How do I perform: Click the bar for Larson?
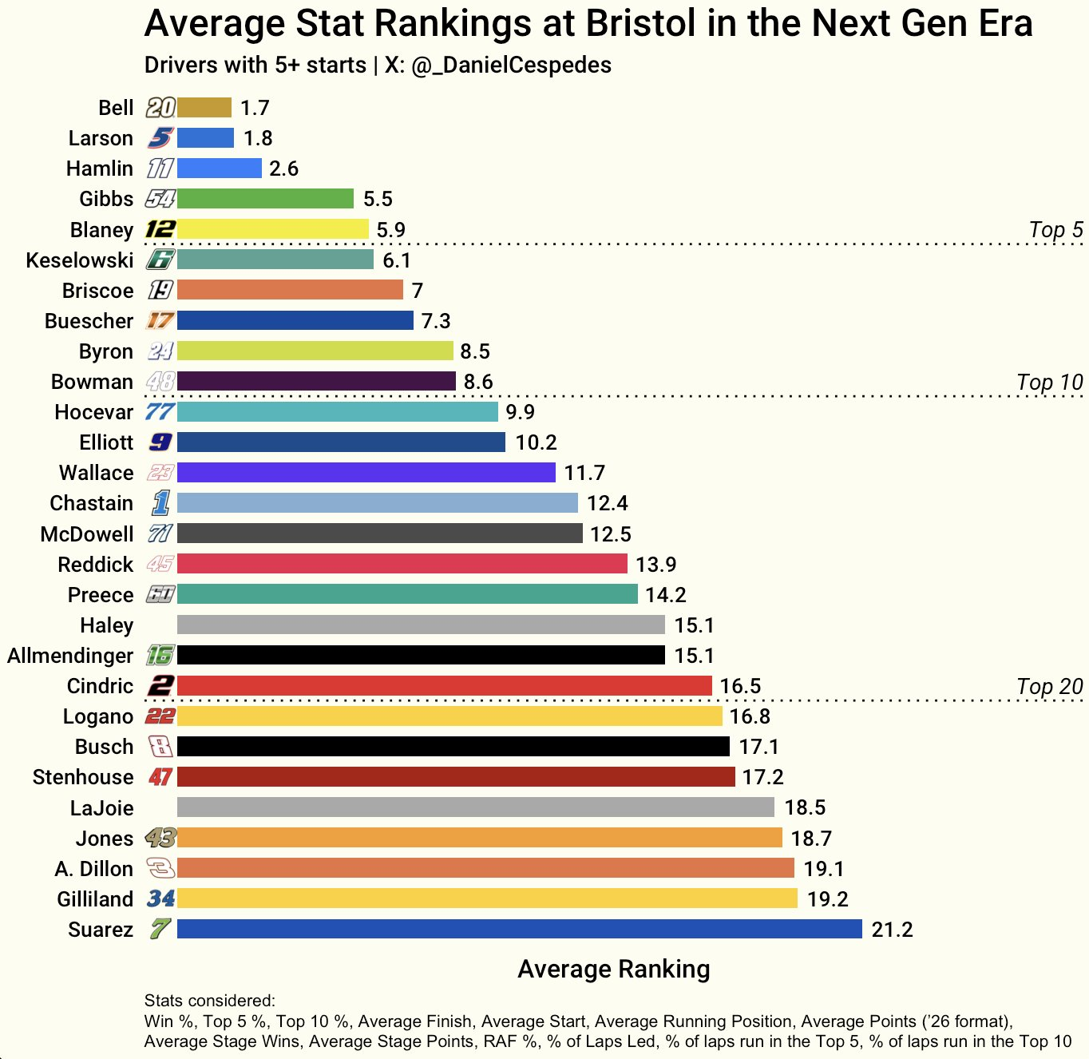(x=205, y=138)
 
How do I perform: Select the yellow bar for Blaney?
(x=272, y=229)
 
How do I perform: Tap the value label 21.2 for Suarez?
(x=892, y=930)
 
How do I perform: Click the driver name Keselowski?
(x=80, y=260)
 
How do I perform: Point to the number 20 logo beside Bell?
(x=160, y=108)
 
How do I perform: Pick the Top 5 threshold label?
(x=1055, y=230)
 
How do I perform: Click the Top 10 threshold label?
(x=1049, y=383)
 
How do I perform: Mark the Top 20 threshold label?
(x=1049, y=687)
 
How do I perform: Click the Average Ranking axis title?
(x=613, y=969)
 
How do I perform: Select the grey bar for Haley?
(x=421, y=625)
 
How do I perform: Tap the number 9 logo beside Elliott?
(x=160, y=442)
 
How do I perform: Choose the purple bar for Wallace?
(x=366, y=473)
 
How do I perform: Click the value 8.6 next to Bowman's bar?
(x=478, y=382)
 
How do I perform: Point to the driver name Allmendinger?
(x=70, y=656)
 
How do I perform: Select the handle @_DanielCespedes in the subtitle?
(x=511, y=65)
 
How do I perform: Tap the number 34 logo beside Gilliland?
(x=160, y=899)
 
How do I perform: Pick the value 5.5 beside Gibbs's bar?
(x=378, y=199)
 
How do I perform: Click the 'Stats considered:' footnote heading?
(x=209, y=1001)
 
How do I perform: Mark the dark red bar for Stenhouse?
(x=456, y=776)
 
